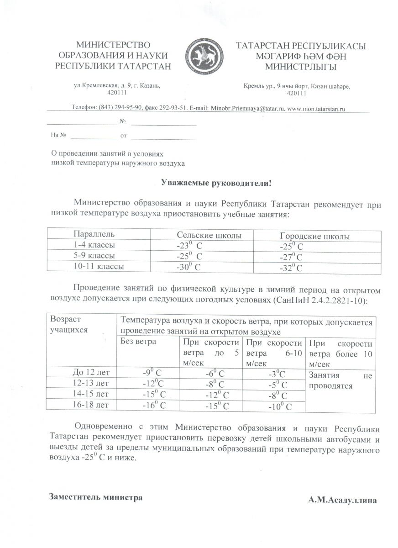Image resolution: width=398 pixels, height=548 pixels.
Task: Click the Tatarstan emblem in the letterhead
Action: click(203, 57)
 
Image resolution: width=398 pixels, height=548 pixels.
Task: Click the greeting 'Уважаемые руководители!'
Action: click(216, 183)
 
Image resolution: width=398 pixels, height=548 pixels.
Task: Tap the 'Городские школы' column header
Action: click(314, 236)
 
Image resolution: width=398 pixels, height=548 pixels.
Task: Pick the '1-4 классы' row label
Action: click(91, 245)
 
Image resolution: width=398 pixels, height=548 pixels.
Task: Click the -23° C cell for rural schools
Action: click(189, 246)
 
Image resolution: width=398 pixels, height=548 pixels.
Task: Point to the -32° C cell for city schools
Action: click(292, 268)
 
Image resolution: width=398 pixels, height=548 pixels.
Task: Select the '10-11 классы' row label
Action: click(99, 266)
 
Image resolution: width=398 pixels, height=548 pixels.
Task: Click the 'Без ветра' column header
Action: click(138, 342)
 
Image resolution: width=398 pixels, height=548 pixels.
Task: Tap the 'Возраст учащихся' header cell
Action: click(69, 324)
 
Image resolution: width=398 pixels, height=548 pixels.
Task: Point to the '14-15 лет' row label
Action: click(91, 394)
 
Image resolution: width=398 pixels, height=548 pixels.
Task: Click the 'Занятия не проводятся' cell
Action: click(340, 380)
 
